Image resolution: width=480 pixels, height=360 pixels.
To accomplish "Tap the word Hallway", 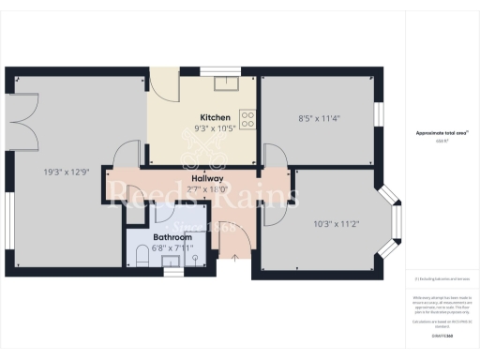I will tap(207, 178).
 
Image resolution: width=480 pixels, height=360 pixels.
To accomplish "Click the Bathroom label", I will tap(172, 238).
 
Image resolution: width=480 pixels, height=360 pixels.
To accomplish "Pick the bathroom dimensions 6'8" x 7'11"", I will tap(172, 248).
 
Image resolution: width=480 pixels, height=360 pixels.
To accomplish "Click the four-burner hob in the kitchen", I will tap(247, 119).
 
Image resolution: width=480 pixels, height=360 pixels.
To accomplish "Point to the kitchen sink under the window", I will tap(225, 83).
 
